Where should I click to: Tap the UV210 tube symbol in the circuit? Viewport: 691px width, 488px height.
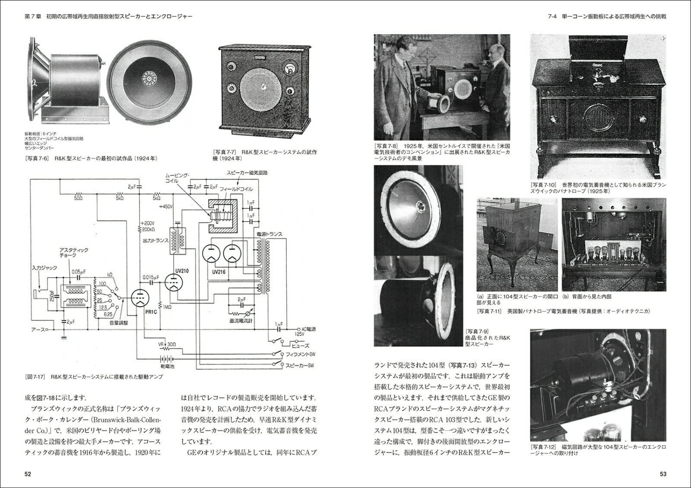click(x=174, y=283)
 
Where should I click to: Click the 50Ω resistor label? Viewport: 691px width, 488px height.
click(x=78, y=198)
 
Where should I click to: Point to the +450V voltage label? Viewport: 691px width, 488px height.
click(x=165, y=207)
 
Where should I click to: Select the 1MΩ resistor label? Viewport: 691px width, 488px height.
click(x=167, y=307)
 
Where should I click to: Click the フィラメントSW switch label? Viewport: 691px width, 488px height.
click(x=301, y=354)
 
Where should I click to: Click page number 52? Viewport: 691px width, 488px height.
click(x=28, y=474)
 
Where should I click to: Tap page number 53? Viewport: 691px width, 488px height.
click(x=663, y=474)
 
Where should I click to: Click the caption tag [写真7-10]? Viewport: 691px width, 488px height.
click(x=544, y=185)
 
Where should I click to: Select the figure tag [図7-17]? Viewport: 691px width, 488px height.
click(x=36, y=377)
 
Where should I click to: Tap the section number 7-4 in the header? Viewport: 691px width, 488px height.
click(x=552, y=16)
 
